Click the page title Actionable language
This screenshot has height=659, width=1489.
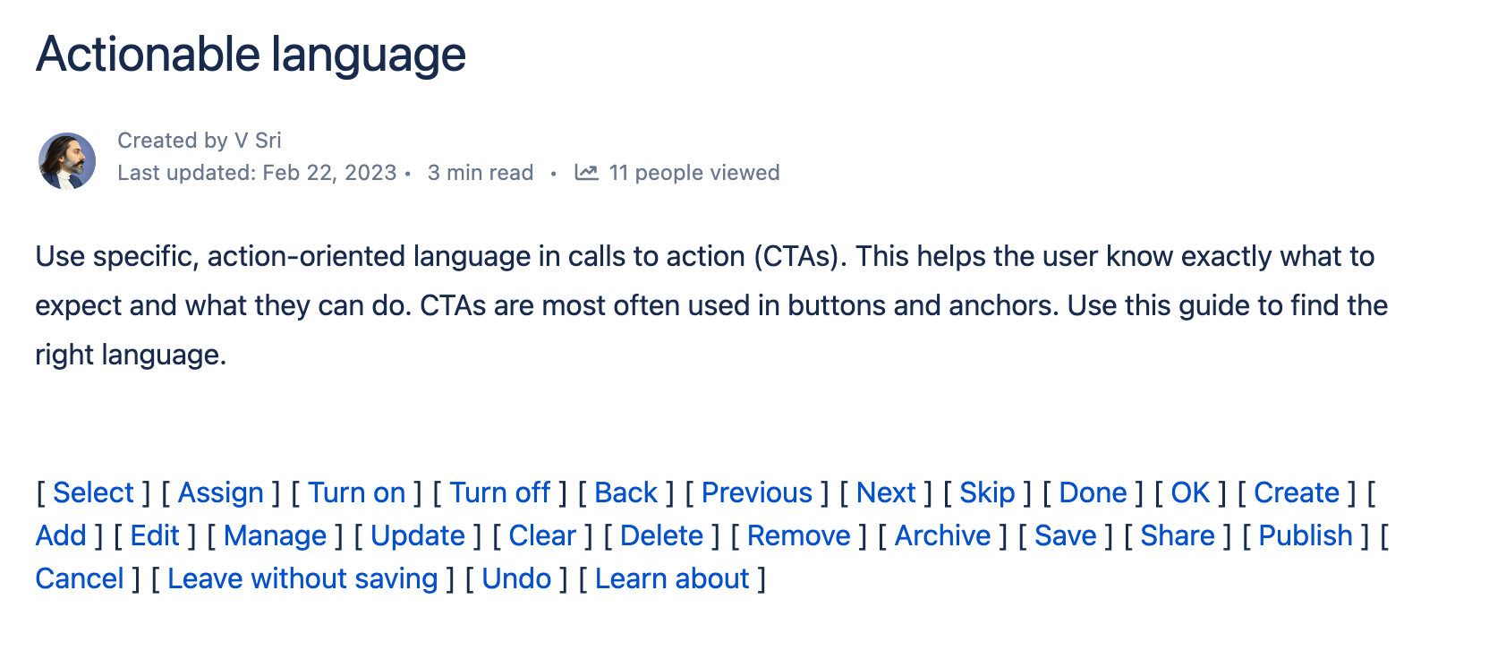tap(251, 56)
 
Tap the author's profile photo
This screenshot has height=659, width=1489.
tap(66, 161)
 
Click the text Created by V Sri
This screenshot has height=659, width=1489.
tap(200, 141)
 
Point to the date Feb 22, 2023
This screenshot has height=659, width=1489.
tap(329, 173)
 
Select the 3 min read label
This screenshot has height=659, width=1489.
tap(481, 173)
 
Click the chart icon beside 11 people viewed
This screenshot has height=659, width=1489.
tap(586, 172)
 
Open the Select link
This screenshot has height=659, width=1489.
tap(94, 492)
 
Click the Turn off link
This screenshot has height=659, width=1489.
tap(500, 492)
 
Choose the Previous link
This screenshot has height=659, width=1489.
tap(757, 492)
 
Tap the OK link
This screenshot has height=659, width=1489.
tap(1190, 492)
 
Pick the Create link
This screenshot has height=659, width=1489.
tap(1297, 492)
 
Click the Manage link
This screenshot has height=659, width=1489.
tap(276, 536)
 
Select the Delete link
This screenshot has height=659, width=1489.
tap(662, 536)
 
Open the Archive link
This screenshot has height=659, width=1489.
tap(942, 536)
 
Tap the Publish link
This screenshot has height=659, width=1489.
tap(1306, 536)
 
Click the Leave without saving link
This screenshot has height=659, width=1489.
tap(302, 578)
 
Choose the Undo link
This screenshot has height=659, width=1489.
tap(516, 578)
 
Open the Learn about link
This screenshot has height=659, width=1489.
tap(672, 578)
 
